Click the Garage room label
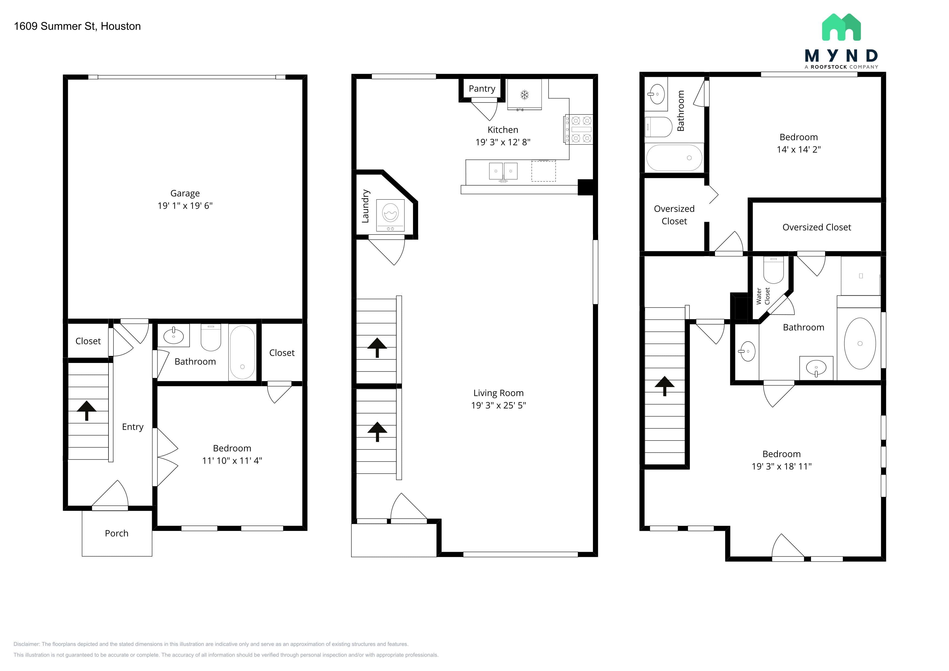[185, 193]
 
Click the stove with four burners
[579, 129]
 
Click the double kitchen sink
[503, 171]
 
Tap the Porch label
[117, 533]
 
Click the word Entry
[133, 427]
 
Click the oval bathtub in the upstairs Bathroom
[860, 343]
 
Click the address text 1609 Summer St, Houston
[77, 26]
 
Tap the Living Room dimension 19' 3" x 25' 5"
[499, 405]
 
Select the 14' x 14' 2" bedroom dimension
[799, 150]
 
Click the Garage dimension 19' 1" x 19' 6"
[185, 206]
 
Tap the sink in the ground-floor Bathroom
[174, 335]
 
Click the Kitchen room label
[503, 130]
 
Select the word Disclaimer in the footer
[27, 644]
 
